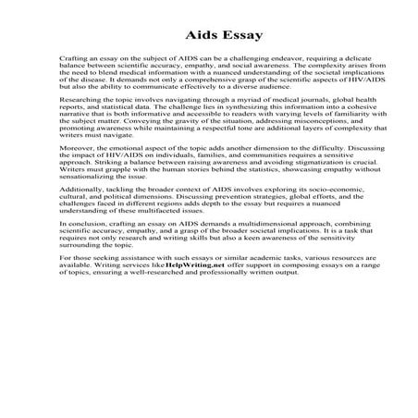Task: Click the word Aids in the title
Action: tap(187, 36)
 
